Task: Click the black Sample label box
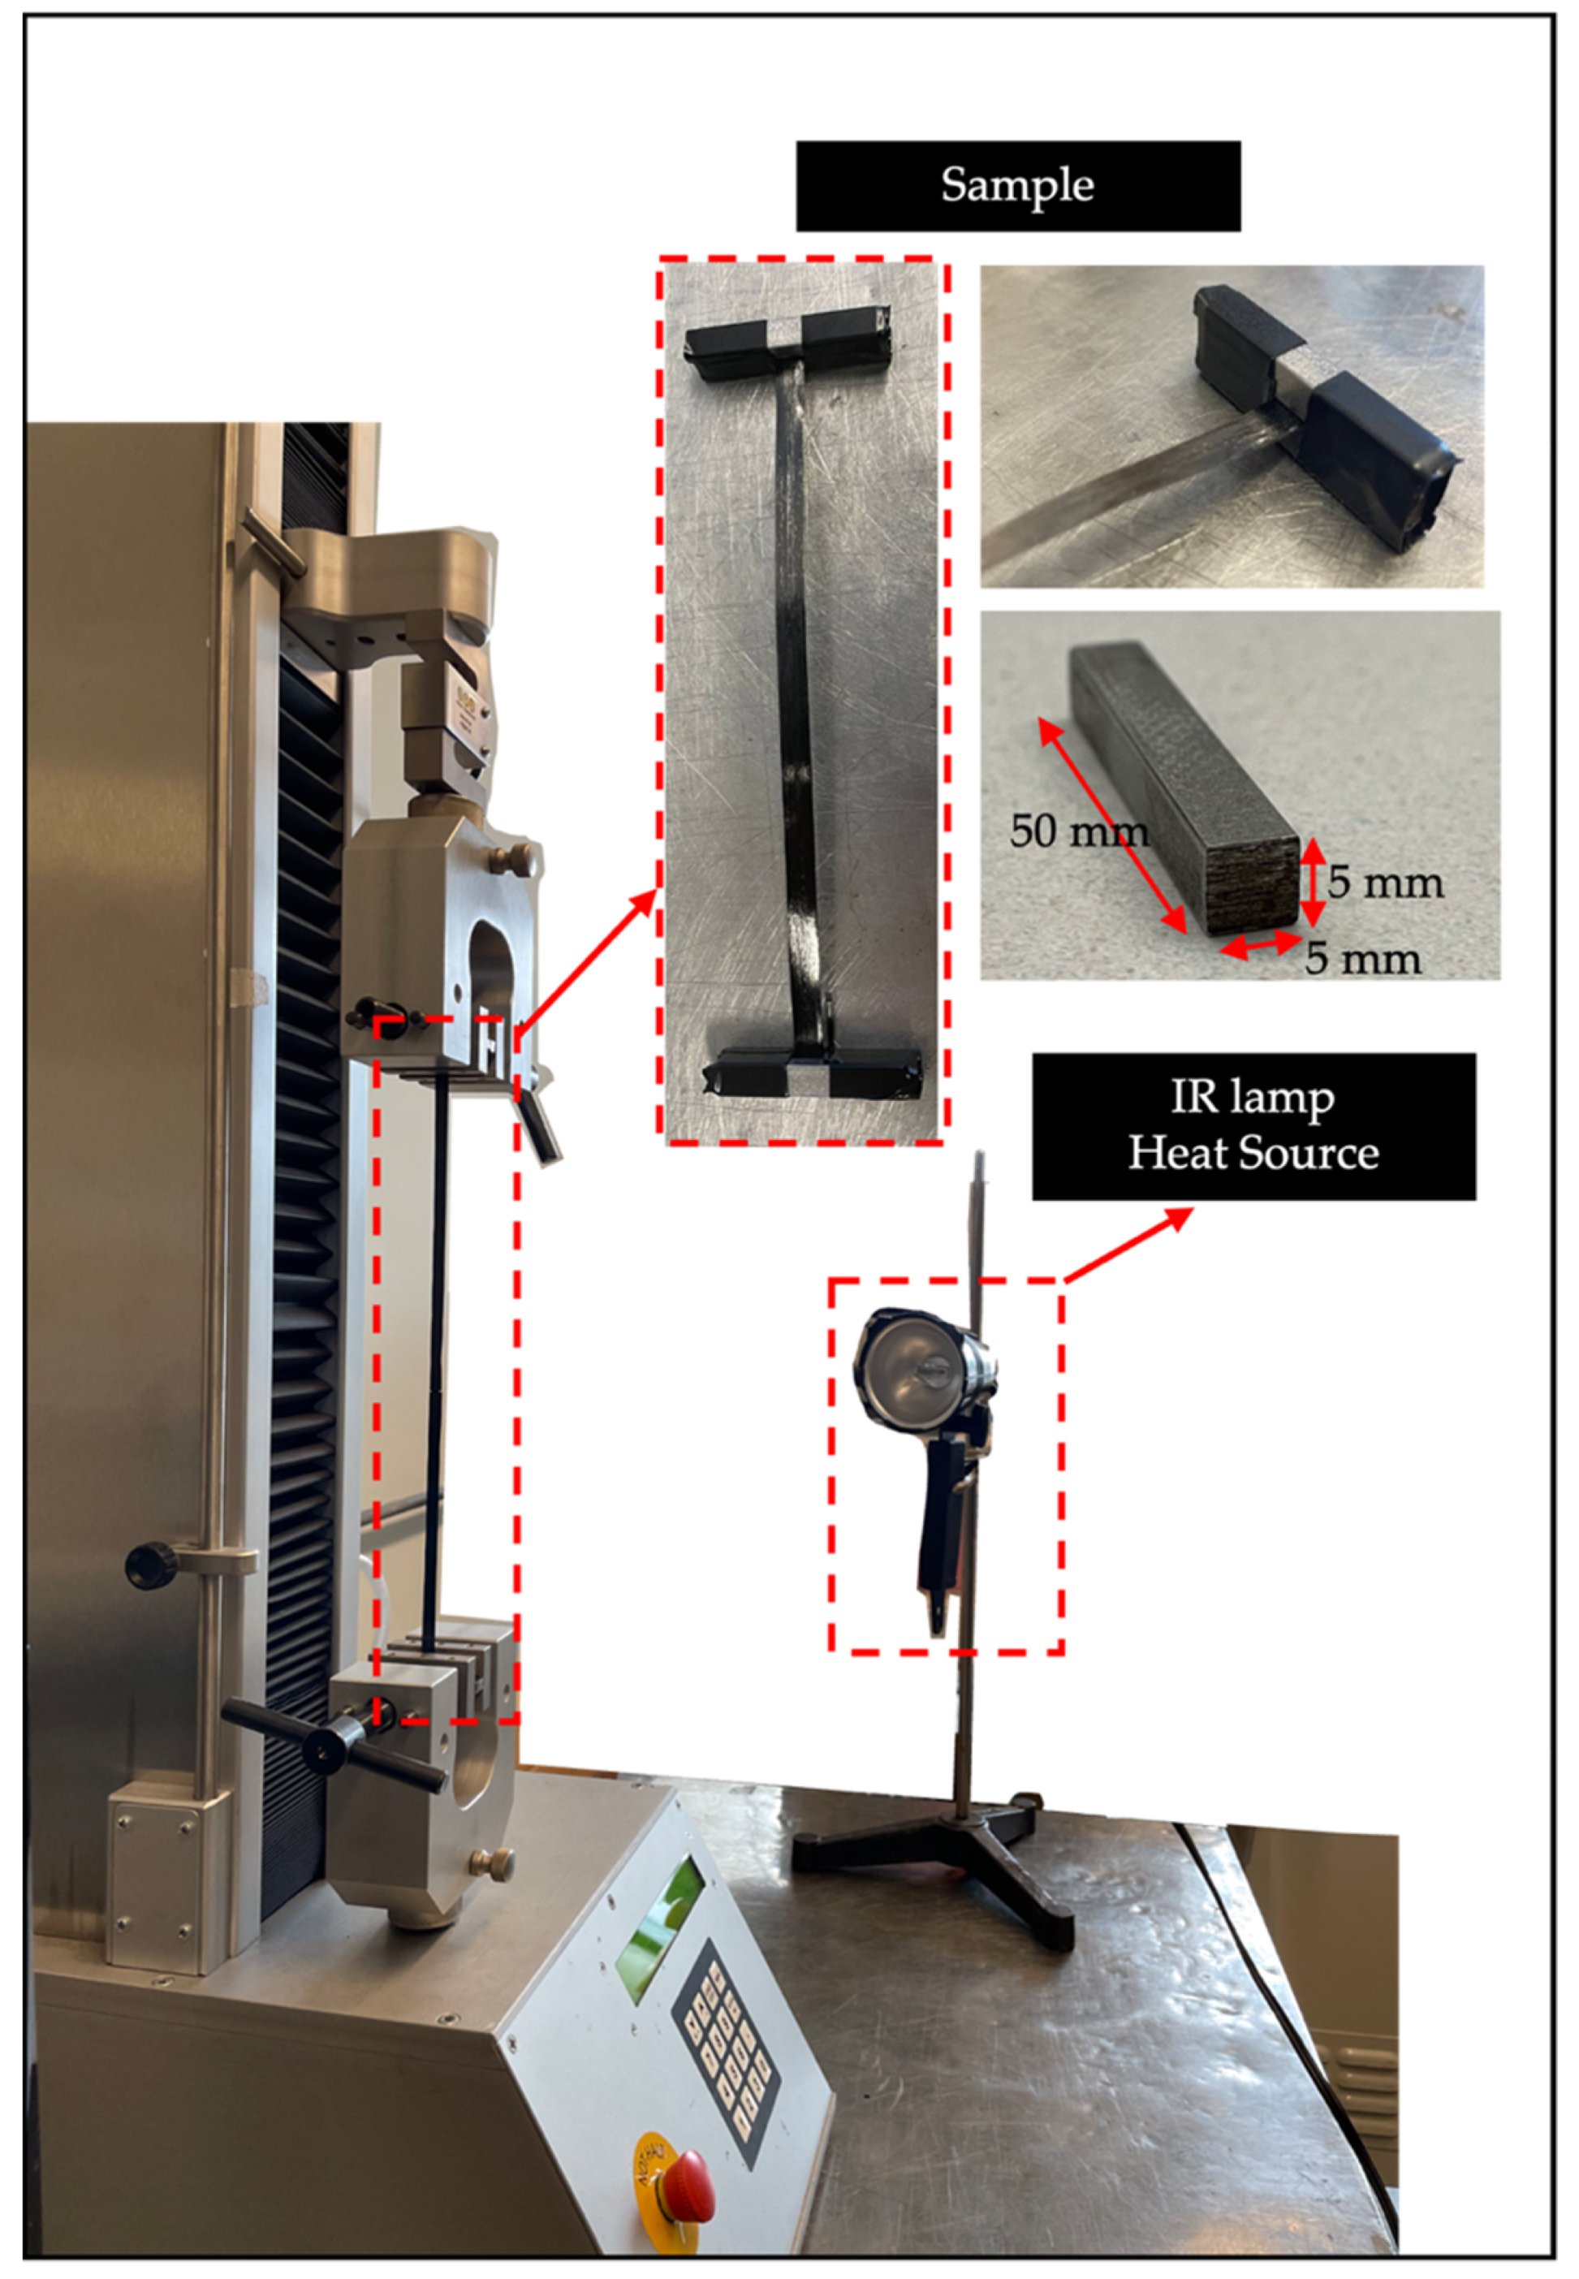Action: pos(1018,186)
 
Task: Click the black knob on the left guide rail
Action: pos(150,1564)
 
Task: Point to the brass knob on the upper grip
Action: pos(519,857)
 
